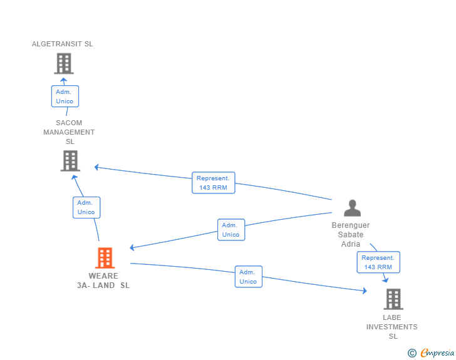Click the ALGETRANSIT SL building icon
pyautogui.click(x=63, y=63)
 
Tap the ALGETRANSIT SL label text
pyautogui.click(x=63, y=44)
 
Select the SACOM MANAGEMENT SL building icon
pyautogui.click(x=70, y=161)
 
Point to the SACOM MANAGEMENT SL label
pyautogui.click(x=69, y=132)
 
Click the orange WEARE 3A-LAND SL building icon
pyautogui.click(x=105, y=257)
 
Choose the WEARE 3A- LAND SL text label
pyautogui.click(x=103, y=280)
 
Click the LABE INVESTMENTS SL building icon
pyautogui.click(x=393, y=299)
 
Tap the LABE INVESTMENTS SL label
pyautogui.click(x=392, y=327)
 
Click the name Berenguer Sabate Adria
pyautogui.click(x=351, y=235)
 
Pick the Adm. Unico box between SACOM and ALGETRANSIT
pyautogui.click(x=65, y=96)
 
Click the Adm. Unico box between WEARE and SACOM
pyautogui.click(x=86, y=207)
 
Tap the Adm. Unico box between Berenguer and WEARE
pyautogui.click(x=231, y=230)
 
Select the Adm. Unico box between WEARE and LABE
pyautogui.click(x=248, y=277)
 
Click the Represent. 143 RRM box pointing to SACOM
pyautogui.click(x=213, y=183)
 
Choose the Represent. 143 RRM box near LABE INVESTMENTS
pyautogui.click(x=378, y=262)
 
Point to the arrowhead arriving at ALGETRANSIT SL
pyautogui.click(x=63, y=80)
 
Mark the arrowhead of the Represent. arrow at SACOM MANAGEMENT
pyautogui.click(x=96, y=167)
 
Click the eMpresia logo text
pyautogui.click(x=437, y=353)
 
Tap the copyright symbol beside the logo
pyautogui.click(x=412, y=353)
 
